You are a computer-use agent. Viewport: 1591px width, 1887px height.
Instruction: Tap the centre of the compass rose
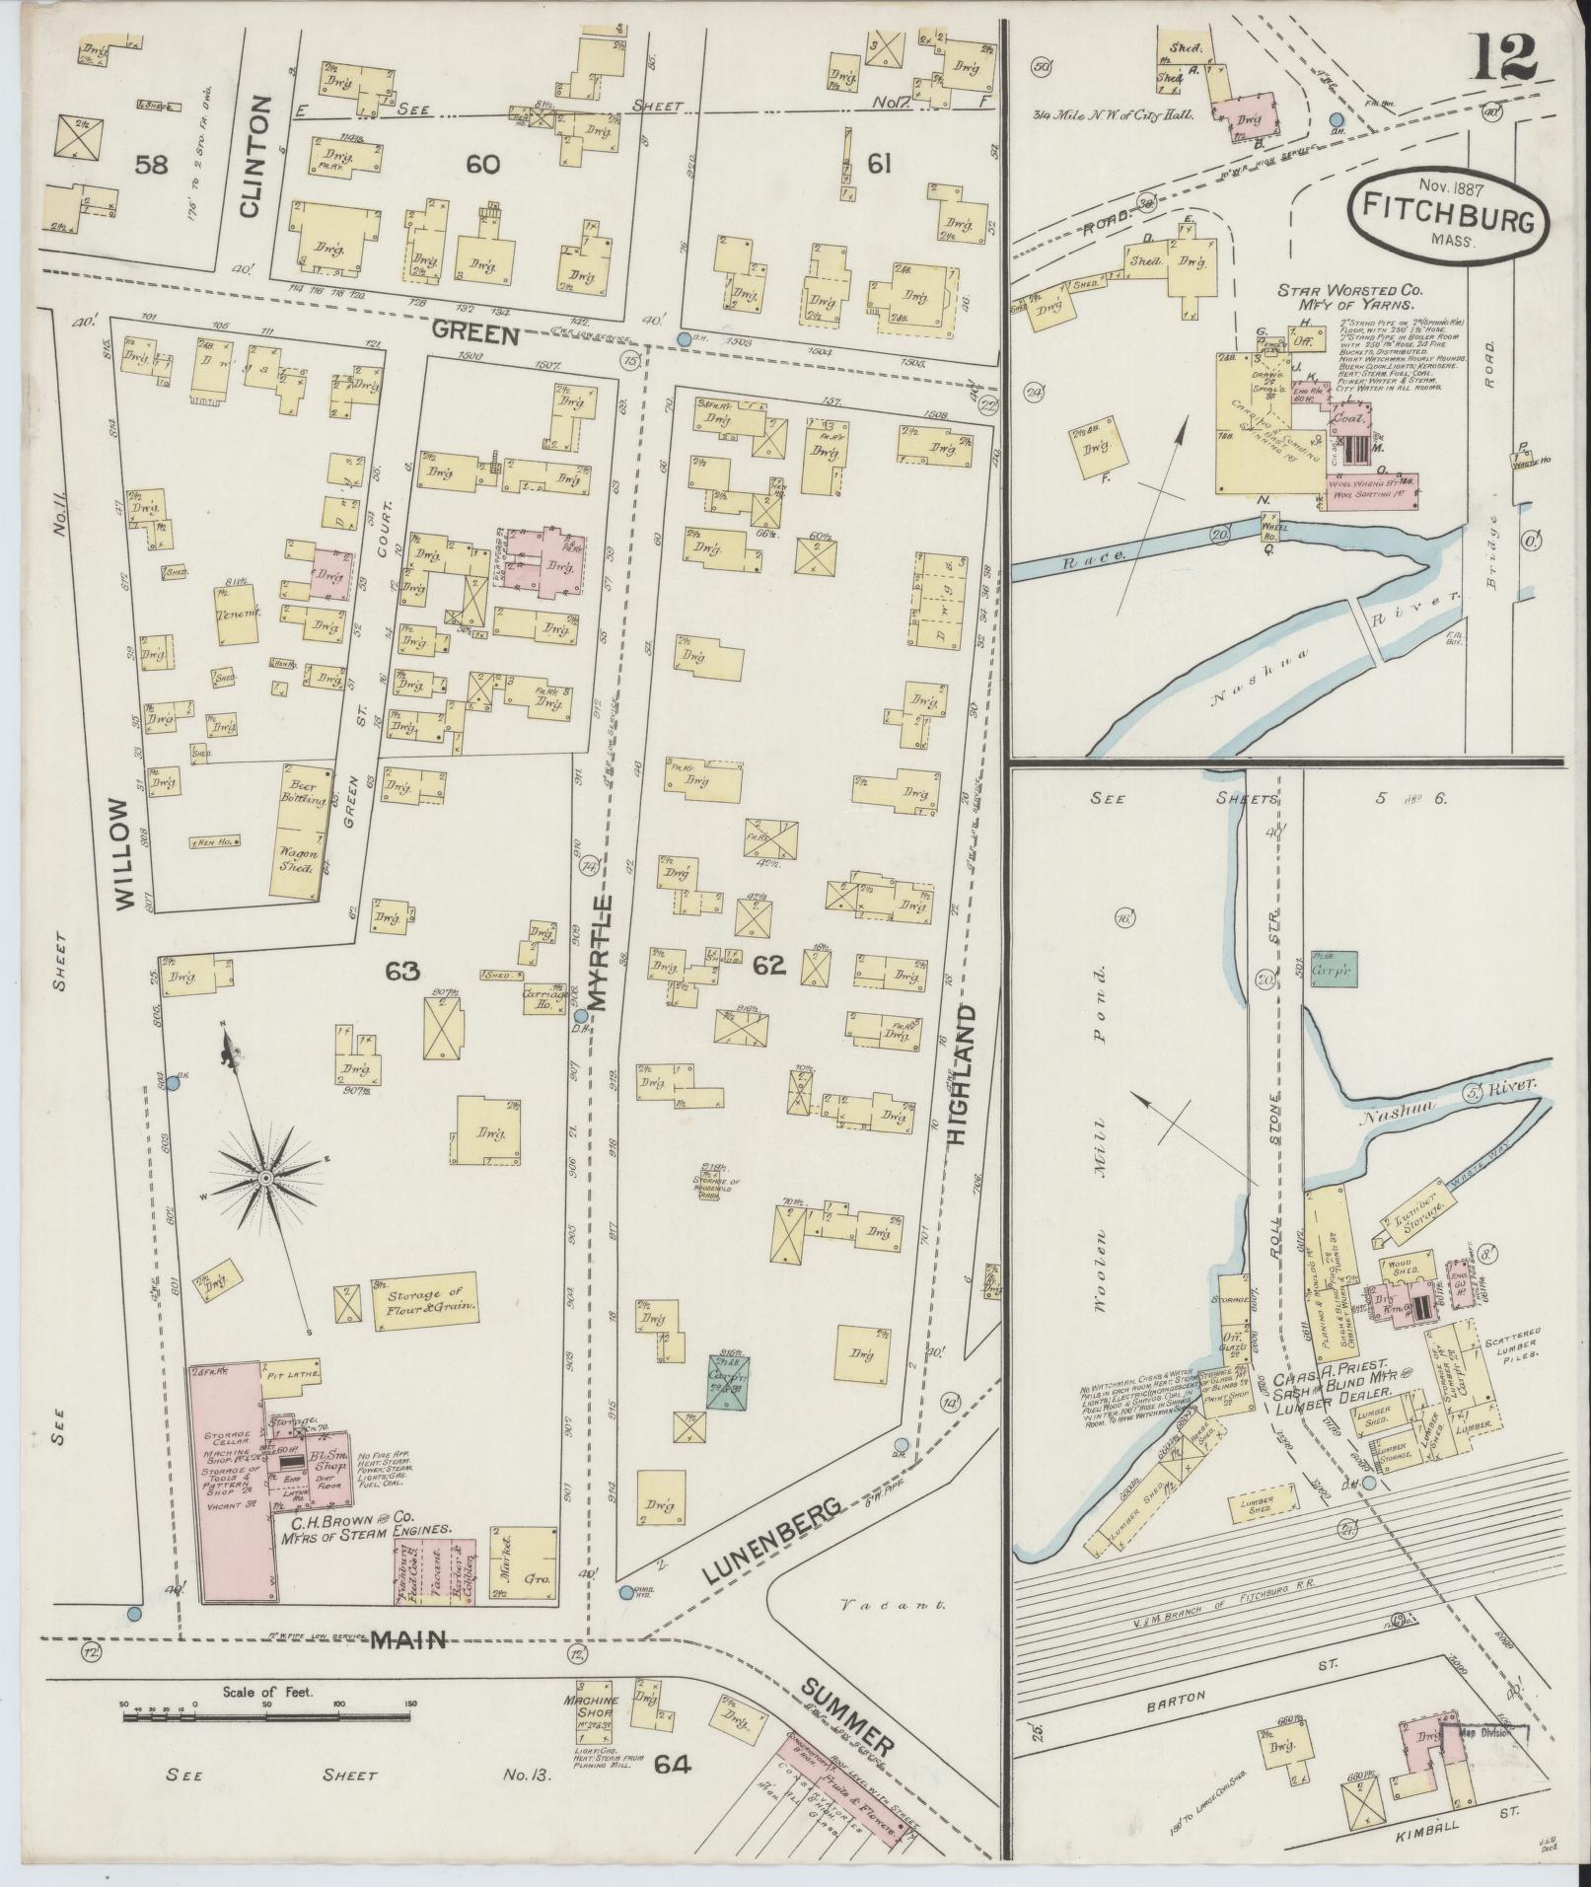265,1179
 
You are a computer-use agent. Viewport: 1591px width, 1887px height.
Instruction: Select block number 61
878,164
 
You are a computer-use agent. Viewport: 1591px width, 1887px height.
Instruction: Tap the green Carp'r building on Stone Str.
1335,970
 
